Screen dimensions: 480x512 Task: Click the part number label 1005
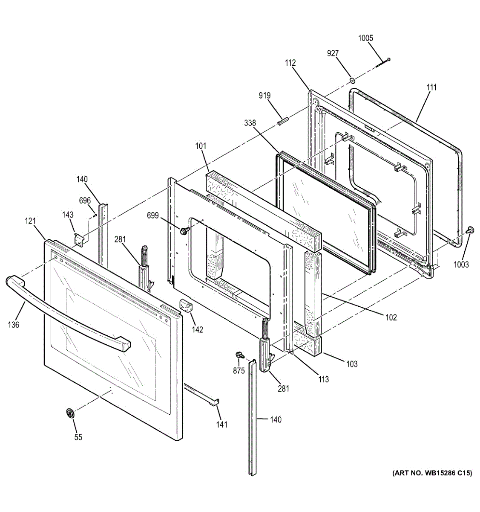[365, 38]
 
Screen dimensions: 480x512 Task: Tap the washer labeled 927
[352, 81]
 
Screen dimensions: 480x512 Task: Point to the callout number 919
[264, 96]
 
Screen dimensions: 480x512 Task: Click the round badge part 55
[70, 413]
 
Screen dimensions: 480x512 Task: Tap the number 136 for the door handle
[13, 325]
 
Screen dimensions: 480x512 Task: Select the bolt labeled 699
[185, 231]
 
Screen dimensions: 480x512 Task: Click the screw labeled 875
[240, 355]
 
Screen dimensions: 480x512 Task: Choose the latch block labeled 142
[186, 306]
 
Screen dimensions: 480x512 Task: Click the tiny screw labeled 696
[95, 215]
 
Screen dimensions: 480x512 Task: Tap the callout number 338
[250, 123]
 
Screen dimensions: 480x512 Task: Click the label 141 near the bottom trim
[222, 424]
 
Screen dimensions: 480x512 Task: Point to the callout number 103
[352, 364]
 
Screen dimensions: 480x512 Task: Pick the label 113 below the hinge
[323, 379]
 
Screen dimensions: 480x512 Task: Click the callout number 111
[431, 87]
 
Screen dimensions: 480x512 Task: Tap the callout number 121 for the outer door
[30, 221]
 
